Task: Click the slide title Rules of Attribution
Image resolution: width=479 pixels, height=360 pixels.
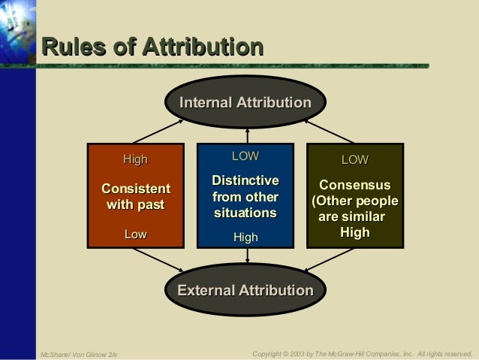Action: point(152,47)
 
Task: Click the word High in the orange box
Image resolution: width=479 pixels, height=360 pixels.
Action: point(136,159)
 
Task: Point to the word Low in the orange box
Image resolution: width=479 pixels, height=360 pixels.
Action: point(136,234)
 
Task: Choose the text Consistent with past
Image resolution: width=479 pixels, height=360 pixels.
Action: point(136,195)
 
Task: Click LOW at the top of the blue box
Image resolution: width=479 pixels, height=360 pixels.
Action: point(245,156)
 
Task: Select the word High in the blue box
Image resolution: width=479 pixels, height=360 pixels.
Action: point(246,237)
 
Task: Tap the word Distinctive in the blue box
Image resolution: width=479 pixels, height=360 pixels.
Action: point(246,181)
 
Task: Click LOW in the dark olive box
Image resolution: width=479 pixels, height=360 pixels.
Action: point(355,159)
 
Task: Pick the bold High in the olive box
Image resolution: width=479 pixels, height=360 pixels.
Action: point(355,232)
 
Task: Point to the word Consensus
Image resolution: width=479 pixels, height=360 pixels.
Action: point(355,185)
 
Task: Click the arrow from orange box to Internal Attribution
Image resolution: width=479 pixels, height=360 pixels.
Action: point(157,130)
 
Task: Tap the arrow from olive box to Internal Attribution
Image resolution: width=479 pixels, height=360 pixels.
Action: point(331,130)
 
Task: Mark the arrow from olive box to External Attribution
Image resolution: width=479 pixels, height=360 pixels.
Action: point(331,260)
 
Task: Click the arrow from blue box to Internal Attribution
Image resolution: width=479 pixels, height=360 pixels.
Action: point(246,135)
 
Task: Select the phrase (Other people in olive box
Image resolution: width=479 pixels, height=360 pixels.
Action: point(355,201)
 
